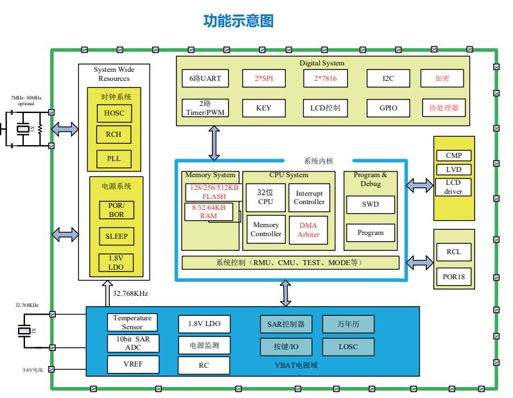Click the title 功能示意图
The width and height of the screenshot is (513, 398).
click(238, 22)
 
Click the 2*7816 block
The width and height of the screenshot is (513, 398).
click(325, 78)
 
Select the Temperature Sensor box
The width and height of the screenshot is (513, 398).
click(132, 322)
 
